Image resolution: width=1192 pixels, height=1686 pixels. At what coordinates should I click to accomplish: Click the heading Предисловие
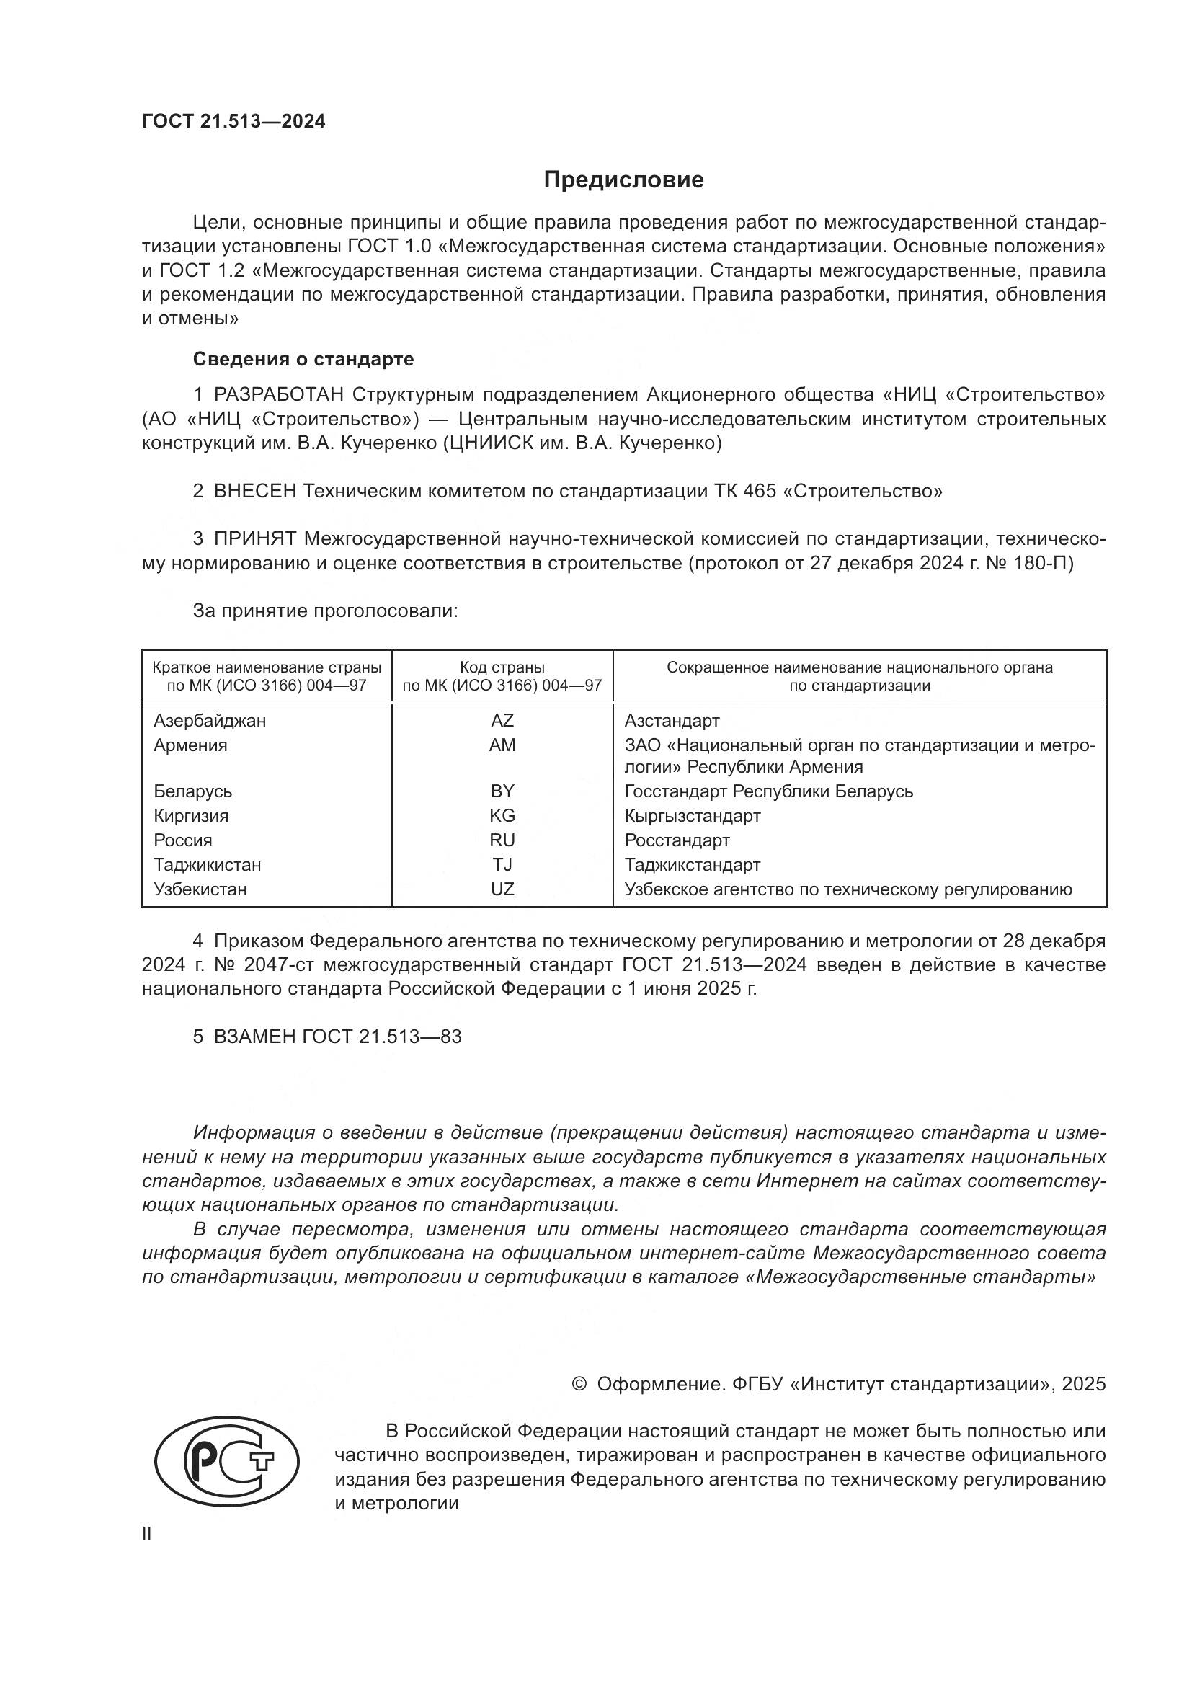[623, 180]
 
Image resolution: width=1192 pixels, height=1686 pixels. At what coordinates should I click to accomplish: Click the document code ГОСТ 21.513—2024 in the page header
[233, 122]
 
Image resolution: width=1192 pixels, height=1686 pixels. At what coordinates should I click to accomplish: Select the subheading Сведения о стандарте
[303, 359]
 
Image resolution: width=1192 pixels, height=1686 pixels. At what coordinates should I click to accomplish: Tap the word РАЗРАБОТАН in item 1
[278, 395]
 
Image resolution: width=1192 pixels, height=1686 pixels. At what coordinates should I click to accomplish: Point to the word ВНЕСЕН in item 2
[254, 492]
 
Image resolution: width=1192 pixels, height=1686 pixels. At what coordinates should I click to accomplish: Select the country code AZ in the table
[502, 720]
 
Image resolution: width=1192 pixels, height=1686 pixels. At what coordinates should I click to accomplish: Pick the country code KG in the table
[502, 816]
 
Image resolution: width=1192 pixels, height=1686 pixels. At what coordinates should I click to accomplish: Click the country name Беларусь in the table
[193, 791]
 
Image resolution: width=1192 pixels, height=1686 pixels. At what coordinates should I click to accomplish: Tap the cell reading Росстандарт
[677, 840]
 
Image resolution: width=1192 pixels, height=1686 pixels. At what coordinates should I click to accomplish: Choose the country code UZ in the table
[502, 889]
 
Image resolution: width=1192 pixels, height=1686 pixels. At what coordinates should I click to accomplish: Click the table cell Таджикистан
[207, 865]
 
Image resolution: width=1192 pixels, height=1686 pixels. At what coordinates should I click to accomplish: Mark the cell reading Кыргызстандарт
[692, 816]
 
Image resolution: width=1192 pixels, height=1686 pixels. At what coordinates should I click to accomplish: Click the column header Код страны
[502, 667]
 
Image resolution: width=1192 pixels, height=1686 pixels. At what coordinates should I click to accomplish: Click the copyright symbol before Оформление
[579, 1384]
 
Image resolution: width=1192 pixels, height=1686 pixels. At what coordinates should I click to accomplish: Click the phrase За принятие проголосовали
[325, 611]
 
